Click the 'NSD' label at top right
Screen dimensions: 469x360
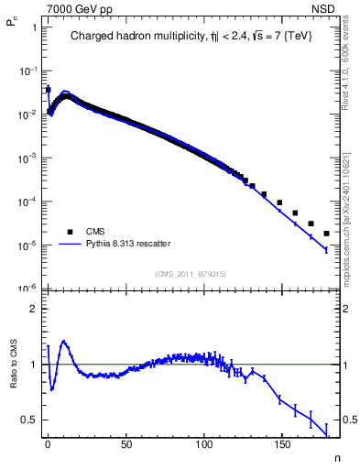[337, 7]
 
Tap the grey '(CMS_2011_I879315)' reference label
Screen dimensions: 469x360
[191, 274]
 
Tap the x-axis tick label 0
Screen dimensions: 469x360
[48, 443]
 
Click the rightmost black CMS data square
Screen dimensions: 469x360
[326, 233]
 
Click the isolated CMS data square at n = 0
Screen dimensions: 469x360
[48, 90]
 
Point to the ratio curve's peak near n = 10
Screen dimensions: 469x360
[63, 342]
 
